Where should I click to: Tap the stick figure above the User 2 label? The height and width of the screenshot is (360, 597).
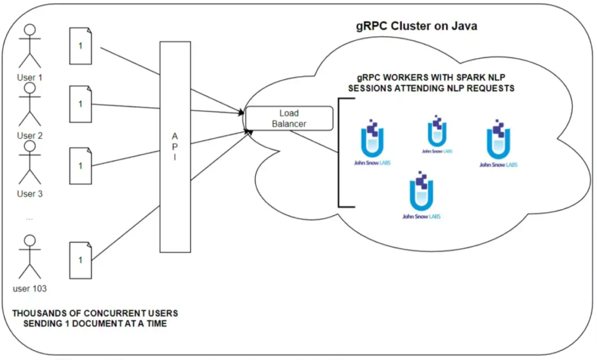click(30, 104)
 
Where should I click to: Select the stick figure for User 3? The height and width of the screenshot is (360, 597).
click(30, 163)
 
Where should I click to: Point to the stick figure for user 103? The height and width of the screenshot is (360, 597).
click(30, 257)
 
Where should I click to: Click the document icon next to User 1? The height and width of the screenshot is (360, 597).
click(80, 46)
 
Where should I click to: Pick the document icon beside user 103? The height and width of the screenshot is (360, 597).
click(80, 260)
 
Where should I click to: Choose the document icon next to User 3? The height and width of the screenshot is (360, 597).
click(80, 166)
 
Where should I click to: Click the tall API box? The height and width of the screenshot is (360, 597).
click(175, 147)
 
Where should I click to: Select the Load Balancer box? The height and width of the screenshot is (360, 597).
click(289, 118)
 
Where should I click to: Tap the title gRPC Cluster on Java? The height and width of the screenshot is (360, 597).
click(416, 26)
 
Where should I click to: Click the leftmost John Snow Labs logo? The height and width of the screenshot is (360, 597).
click(373, 142)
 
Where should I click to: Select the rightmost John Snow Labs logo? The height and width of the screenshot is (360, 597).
click(498, 143)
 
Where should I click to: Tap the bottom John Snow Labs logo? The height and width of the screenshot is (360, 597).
click(422, 195)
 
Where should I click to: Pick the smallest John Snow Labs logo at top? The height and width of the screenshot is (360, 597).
click(437, 135)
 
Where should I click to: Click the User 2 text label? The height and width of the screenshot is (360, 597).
click(30, 136)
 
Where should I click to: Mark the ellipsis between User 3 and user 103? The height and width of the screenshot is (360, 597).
click(30, 219)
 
